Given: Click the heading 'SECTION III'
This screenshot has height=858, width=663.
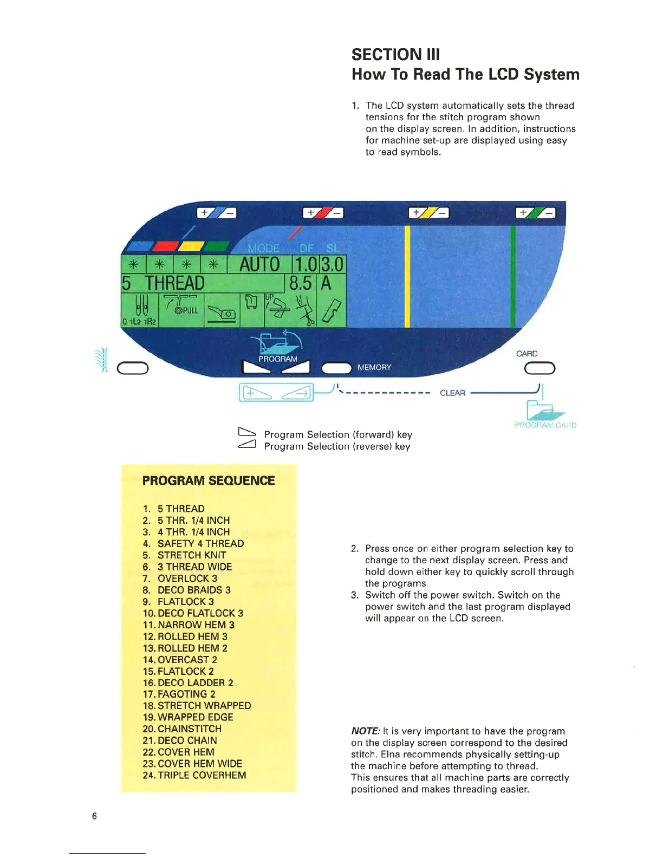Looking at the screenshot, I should (x=395, y=54).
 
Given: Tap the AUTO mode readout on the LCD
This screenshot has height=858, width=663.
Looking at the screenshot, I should (x=259, y=264).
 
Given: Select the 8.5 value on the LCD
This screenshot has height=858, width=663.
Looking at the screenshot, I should (x=300, y=283).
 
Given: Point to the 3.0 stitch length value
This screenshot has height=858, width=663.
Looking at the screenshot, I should (x=332, y=264).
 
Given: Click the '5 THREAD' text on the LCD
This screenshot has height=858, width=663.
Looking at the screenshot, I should (x=163, y=283).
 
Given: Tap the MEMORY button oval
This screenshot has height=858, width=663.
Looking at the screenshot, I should (x=336, y=368).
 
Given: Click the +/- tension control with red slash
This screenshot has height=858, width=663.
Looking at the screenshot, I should (x=323, y=212).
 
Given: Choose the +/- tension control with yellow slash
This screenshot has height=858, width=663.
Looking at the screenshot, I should (x=428, y=212).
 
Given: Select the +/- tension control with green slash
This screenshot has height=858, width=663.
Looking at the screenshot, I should (x=535, y=212).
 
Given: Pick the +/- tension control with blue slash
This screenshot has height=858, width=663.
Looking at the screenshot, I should (x=216, y=212).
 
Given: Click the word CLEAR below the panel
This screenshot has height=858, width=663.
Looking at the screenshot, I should (x=452, y=393).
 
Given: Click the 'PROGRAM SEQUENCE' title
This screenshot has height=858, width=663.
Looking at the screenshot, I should (x=209, y=480).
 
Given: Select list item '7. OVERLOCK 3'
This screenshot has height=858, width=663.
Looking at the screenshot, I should (x=180, y=578).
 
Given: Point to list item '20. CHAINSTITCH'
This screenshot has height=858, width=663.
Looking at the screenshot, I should (x=182, y=729).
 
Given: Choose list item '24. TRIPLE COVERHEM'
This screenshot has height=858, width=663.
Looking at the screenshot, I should (x=194, y=775).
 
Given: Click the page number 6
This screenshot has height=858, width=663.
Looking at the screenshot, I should (x=94, y=816).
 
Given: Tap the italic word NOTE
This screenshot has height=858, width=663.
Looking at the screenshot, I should (x=365, y=731).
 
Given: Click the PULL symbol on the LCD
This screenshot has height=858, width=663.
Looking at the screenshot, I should (x=186, y=310).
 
